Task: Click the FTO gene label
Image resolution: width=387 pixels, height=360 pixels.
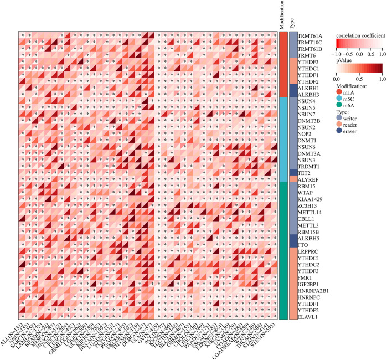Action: (x=302, y=244)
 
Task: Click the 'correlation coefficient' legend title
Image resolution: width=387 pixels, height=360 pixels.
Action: (x=360, y=34)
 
